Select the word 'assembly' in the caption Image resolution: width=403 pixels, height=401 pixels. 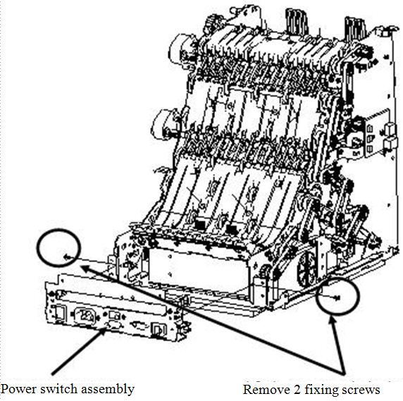pos(108,389)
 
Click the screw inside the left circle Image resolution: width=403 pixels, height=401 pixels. pos(67,257)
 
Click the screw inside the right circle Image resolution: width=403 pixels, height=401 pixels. pos(337,297)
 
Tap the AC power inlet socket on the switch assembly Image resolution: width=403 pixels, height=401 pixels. pos(85,315)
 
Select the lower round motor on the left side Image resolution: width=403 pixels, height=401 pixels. pos(163,125)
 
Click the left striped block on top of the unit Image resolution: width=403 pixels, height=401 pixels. pos(297,22)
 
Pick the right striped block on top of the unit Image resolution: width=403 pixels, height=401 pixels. pos(355,29)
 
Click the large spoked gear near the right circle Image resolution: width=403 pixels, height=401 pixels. pos(306,269)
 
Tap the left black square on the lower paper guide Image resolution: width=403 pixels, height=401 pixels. pos(199,226)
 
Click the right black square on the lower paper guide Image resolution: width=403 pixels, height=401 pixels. pos(232,229)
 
